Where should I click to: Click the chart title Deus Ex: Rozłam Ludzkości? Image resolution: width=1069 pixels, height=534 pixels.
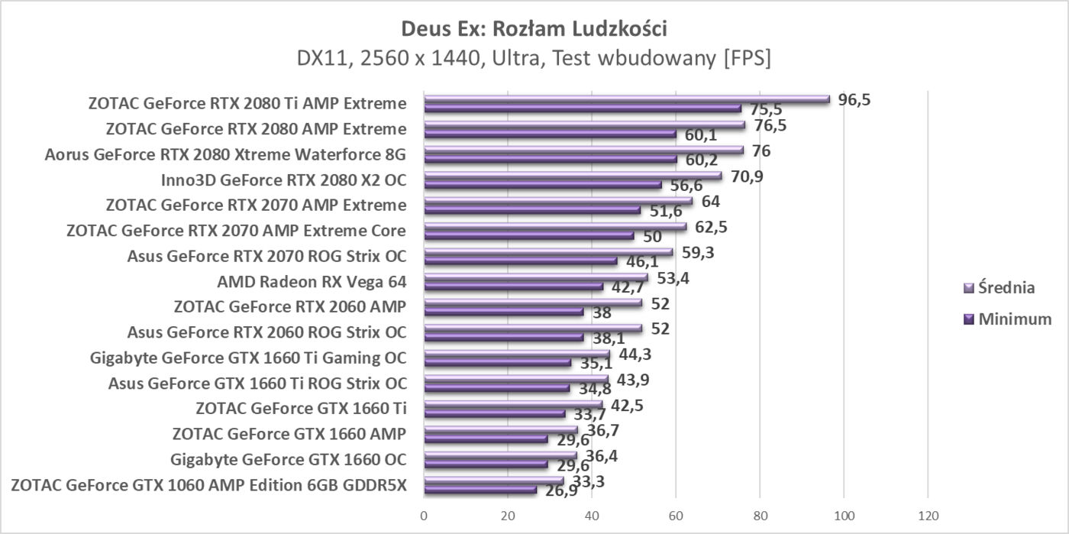(534, 28)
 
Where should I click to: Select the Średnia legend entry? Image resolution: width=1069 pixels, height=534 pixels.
(1000, 288)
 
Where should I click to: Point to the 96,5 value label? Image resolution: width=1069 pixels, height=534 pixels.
(854, 99)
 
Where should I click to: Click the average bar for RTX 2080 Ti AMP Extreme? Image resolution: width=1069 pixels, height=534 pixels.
(626, 99)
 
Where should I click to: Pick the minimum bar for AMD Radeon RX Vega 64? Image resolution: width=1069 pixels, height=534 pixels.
(513, 287)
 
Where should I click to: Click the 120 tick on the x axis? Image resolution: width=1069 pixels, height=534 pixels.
(927, 515)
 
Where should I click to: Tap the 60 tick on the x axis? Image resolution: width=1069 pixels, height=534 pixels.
(676, 515)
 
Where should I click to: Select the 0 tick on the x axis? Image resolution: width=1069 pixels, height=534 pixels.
(424, 515)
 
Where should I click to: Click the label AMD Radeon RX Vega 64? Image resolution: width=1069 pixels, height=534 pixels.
(312, 282)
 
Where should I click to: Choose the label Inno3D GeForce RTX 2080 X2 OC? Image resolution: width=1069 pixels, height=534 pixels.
(283, 181)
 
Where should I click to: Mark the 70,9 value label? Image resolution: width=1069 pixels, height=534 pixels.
(747, 176)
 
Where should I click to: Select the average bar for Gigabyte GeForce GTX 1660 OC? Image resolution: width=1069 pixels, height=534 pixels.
(500, 455)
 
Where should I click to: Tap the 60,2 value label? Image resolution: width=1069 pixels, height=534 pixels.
(702, 160)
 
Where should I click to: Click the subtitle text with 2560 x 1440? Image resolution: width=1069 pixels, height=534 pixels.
(534, 58)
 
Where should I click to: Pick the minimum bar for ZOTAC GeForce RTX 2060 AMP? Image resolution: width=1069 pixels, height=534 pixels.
(503, 312)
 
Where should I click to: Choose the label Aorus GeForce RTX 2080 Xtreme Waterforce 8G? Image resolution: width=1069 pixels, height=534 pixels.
(225, 156)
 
